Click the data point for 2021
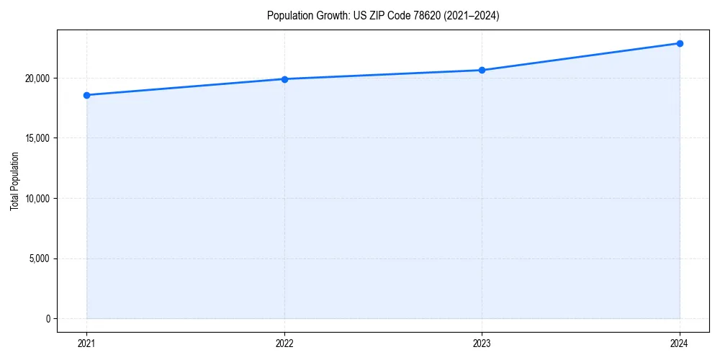click(86, 95)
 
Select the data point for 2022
click(284, 79)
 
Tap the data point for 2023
click(482, 70)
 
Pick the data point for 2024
click(680, 43)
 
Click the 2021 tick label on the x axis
click(86, 343)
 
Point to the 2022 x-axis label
click(284, 343)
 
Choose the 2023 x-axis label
click(482, 343)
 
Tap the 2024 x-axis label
click(680, 343)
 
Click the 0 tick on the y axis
click(48, 318)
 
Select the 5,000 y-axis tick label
click(39, 258)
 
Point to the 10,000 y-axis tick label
click(37, 198)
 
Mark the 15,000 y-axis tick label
click(37, 138)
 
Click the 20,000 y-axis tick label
click(37, 78)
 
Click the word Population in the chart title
click(287, 16)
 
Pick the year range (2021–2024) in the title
click(471, 16)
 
